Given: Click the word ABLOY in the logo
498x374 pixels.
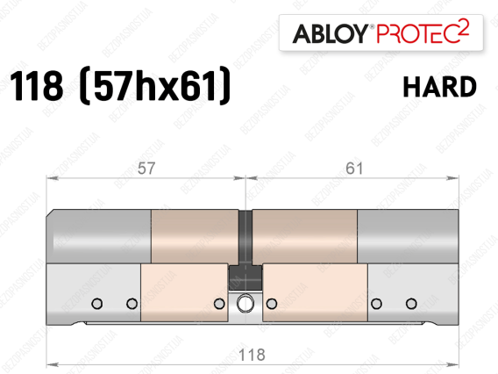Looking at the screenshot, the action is (x=330, y=33).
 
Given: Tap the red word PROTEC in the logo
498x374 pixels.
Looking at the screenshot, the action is (x=418, y=33).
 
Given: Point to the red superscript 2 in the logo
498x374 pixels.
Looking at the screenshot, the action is (x=465, y=26).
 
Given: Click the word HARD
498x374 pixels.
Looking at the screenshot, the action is (x=439, y=87).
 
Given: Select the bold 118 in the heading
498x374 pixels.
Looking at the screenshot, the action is (x=36, y=86).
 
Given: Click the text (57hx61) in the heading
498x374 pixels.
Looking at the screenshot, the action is (x=154, y=85).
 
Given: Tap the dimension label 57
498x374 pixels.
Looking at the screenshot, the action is (x=146, y=169).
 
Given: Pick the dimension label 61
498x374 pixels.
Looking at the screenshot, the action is (x=354, y=169).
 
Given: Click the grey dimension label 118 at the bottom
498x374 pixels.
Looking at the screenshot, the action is (x=252, y=355).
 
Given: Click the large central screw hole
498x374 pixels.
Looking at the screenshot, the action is (x=245, y=303).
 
